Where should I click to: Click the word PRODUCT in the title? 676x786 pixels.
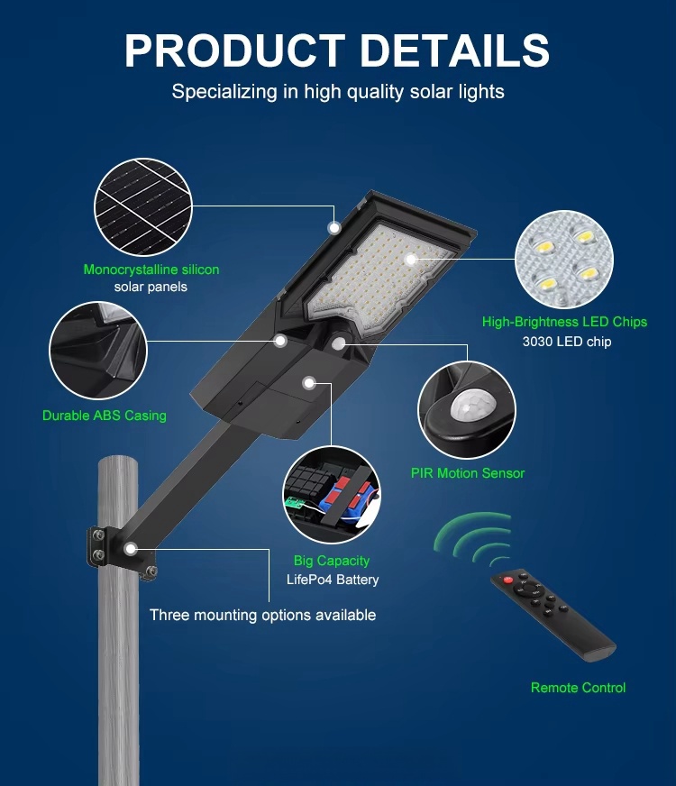[235, 50]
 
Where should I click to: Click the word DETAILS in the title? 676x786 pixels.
[455, 50]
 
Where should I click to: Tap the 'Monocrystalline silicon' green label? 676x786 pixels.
[151, 270]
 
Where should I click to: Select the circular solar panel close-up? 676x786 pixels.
[143, 207]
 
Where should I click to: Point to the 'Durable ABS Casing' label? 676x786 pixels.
[105, 416]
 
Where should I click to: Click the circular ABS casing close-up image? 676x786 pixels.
[98, 351]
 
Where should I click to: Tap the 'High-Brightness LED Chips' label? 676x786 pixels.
[565, 322]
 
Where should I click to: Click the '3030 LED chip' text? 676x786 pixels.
[567, 342]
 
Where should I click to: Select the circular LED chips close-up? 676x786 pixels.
[564, 260]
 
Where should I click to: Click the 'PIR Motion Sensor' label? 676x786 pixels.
[468, 473]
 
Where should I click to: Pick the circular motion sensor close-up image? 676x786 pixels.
[467, 409]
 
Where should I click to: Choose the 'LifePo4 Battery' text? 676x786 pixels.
[333, 580]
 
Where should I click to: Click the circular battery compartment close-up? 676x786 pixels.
[332, 495]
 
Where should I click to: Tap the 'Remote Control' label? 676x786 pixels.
[579, 688]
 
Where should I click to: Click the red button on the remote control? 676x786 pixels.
[507, 580]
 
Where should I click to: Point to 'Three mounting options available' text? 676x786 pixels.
[262, 615]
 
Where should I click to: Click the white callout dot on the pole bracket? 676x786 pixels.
[131, 549]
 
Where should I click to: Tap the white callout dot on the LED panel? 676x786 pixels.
[411, 260]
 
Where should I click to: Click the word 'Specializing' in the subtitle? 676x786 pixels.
[224, 92]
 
